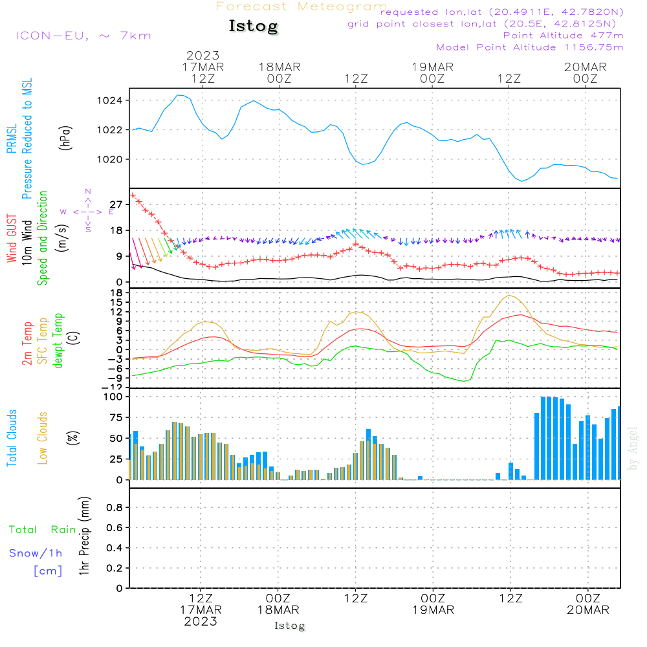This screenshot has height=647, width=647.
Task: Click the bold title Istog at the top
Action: point(253,27)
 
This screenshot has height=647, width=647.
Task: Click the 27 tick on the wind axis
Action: point(118,204)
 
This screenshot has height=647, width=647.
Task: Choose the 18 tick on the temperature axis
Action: point(118,292)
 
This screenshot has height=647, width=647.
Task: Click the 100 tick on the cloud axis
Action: point(114,397)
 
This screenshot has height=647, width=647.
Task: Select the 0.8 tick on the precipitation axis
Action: point(115,508)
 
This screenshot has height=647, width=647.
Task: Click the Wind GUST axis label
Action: point(12,239)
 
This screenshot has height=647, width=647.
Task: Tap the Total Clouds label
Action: point(12,438)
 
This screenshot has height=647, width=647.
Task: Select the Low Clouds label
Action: point(43,438)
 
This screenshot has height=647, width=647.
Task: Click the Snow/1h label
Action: point(36,553)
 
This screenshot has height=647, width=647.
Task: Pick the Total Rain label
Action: point(42,530)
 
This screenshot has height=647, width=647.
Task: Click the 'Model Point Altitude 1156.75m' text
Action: point(529,47)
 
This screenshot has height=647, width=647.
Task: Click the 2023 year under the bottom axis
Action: point(201,621)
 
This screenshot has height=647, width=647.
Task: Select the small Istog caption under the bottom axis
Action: point(289,626)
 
